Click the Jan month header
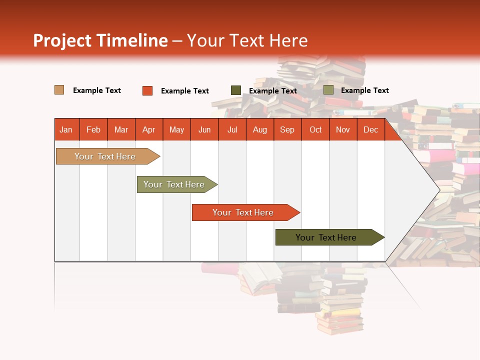(66, 129)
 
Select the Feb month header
(93, 129)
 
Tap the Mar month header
(121, 129)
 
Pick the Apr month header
(149, 129)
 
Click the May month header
(176, 129)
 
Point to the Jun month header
(204, 129)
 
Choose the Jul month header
(232, 129)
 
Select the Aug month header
(260, 129)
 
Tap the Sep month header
(287, 129)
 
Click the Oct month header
(315, 129)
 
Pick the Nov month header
(343, 129)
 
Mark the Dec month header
(370, 129)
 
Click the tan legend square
(59, 90)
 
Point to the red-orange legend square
(147, 90)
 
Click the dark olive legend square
(236, 90)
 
